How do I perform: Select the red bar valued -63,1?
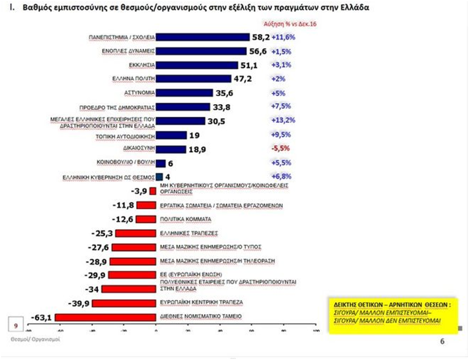coord(105,317)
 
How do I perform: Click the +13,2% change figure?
coord(282,120)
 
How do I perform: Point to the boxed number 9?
coord(16,325)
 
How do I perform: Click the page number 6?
coord(442,341)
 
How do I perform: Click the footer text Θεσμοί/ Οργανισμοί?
coord(35,340)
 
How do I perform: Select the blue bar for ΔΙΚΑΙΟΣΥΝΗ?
coord(171,149)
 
